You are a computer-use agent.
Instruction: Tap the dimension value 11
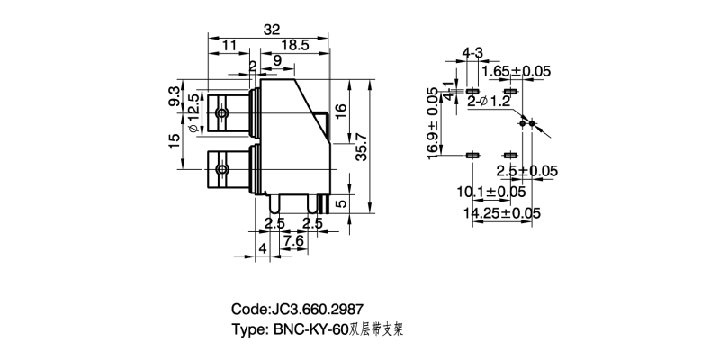pyautogui.click(x=229, y=43)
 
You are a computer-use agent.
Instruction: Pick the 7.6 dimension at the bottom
pyautogui.click(x=293, y=241)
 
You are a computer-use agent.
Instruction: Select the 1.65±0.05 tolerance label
pyautogui.click(x=517, y=71)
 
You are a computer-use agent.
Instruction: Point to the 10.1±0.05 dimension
pyautogui.click(x=492, y=192)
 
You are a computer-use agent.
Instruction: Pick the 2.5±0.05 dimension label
pyautogui.click(x=527, y=171)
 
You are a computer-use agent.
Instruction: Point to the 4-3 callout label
pyautogui.click(x=473, y=51)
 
